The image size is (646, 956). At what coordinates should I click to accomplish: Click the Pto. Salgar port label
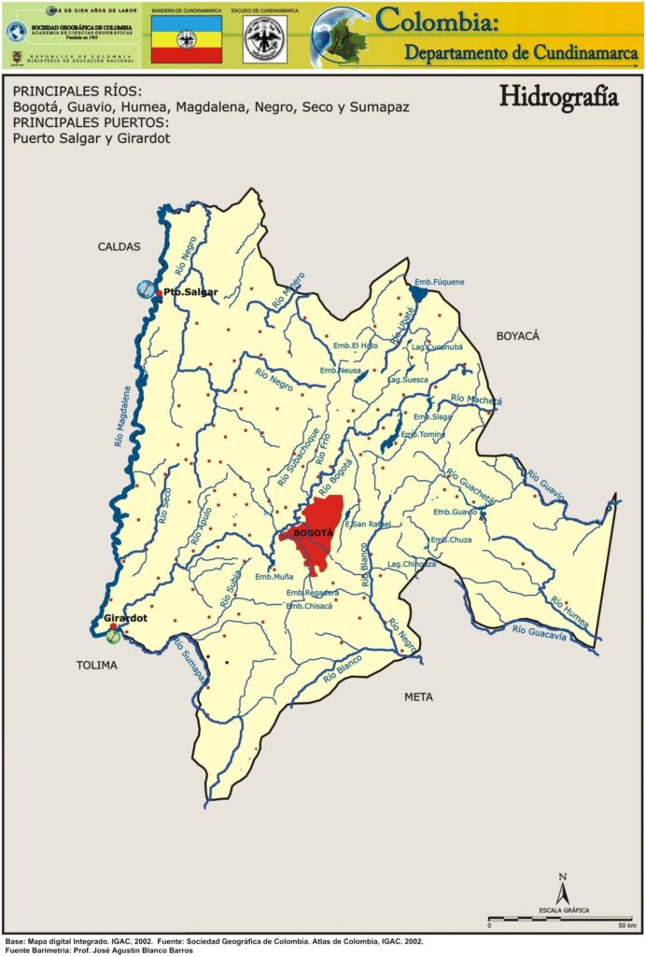190,292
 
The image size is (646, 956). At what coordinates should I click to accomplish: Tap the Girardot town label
126,619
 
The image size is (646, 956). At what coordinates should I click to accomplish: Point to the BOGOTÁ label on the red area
313,533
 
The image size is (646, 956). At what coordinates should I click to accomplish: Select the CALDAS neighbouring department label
119,246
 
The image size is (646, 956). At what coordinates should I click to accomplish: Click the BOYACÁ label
518,335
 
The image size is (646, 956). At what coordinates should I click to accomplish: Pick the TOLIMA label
97,666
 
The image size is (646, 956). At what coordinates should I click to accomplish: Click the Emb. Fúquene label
439,282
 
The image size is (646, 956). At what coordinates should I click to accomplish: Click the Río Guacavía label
540,633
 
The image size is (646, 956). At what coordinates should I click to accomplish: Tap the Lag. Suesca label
408,380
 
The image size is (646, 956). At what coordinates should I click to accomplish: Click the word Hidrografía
558,96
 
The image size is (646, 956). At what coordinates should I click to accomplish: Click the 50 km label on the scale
625,925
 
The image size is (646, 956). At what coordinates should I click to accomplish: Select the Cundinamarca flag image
187,39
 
